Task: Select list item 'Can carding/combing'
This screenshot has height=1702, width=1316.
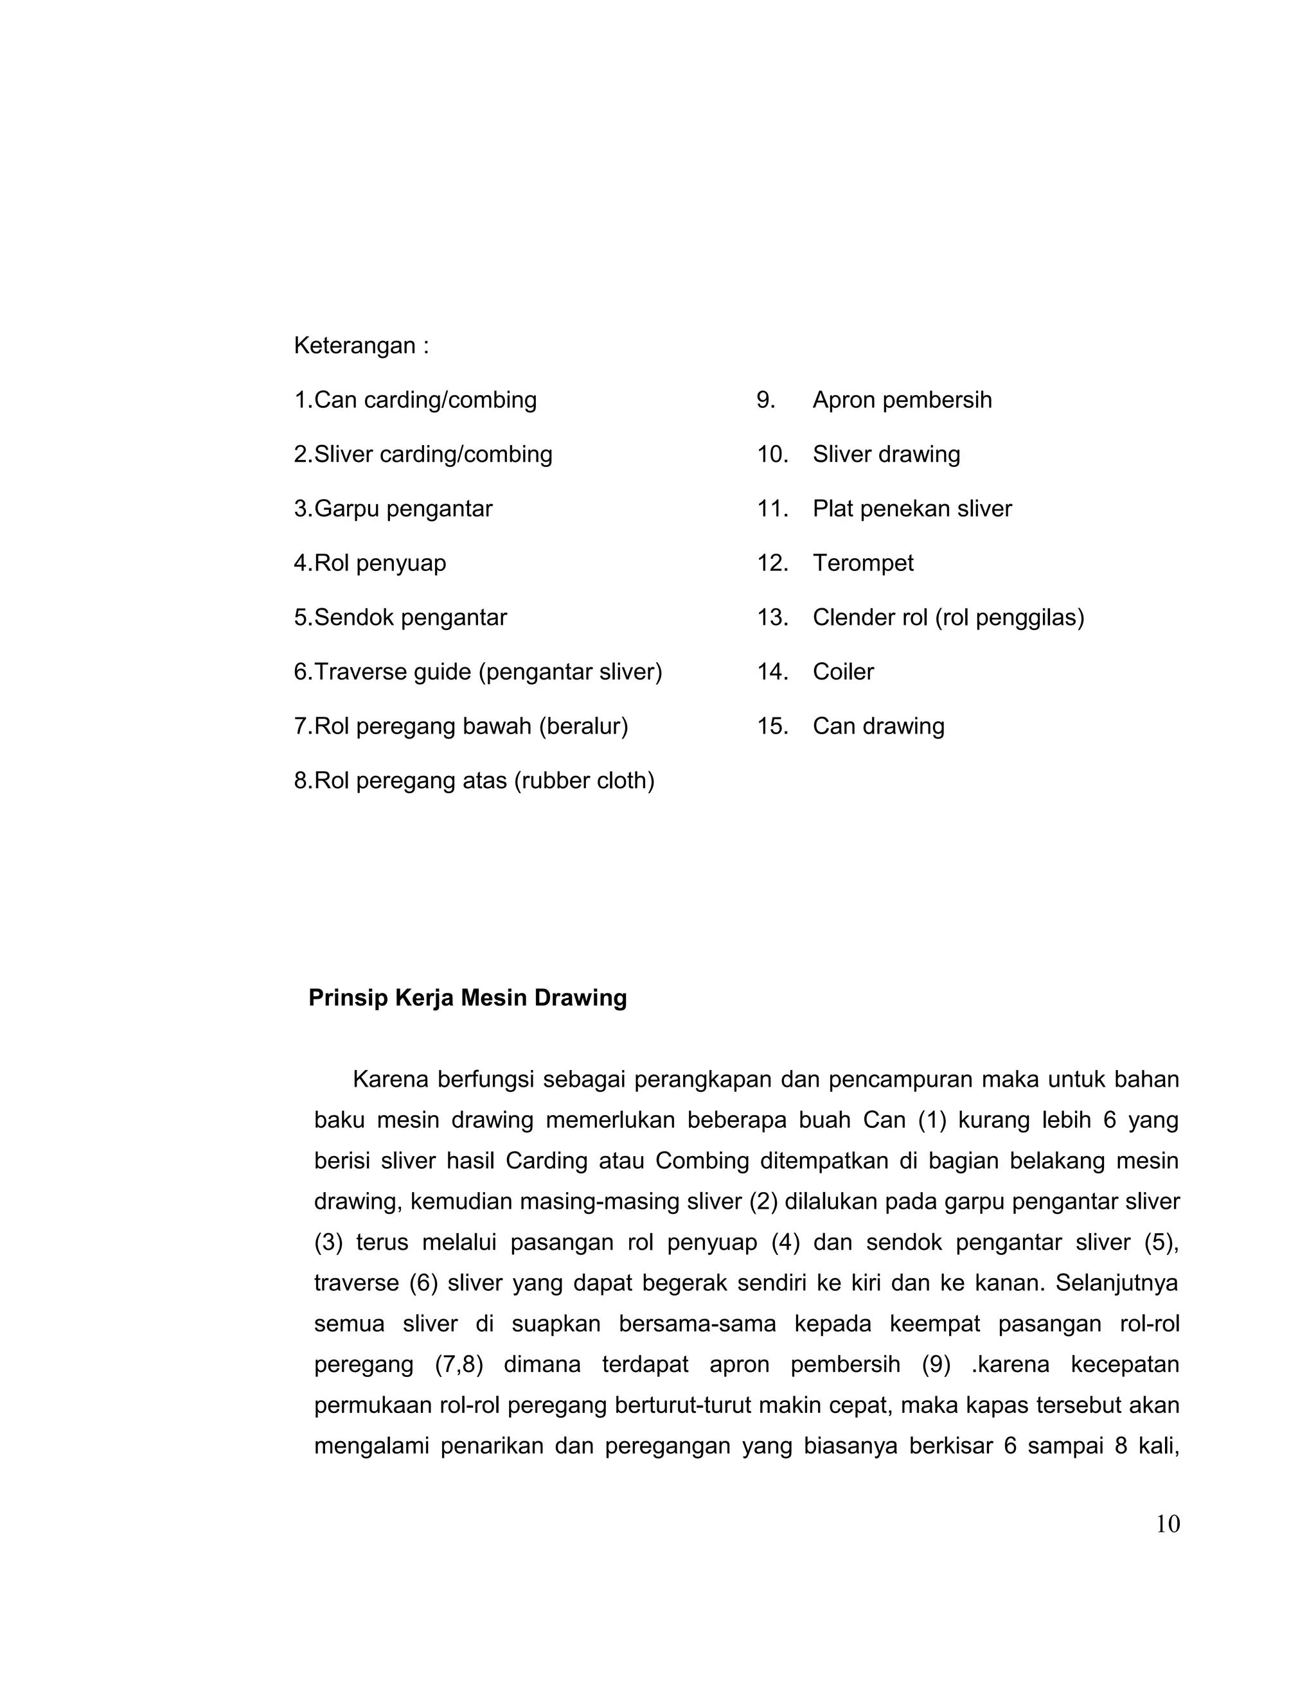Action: tap(425, 399)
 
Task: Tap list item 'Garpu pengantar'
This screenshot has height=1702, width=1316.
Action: tap(403, 509)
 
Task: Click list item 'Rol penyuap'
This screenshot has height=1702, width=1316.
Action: tap(380, 563)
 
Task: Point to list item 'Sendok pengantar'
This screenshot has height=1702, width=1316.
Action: tap(410, 617)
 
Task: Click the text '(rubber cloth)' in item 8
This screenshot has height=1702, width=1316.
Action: tap(584, 780)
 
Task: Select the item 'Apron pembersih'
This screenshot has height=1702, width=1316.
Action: tap(902, 399)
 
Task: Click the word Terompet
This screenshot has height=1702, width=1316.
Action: tap(862, 563)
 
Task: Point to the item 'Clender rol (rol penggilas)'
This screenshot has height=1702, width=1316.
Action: tap(948, 617)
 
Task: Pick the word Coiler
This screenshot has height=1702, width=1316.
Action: tap(843, 672)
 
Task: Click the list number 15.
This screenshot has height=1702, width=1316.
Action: tap(771, 726)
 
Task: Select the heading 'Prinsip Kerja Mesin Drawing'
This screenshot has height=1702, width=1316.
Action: tap(467, 998)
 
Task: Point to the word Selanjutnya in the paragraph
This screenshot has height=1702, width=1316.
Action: tap(1116, 1283)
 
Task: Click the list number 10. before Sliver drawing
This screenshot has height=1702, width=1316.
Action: tap(772, 454)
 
